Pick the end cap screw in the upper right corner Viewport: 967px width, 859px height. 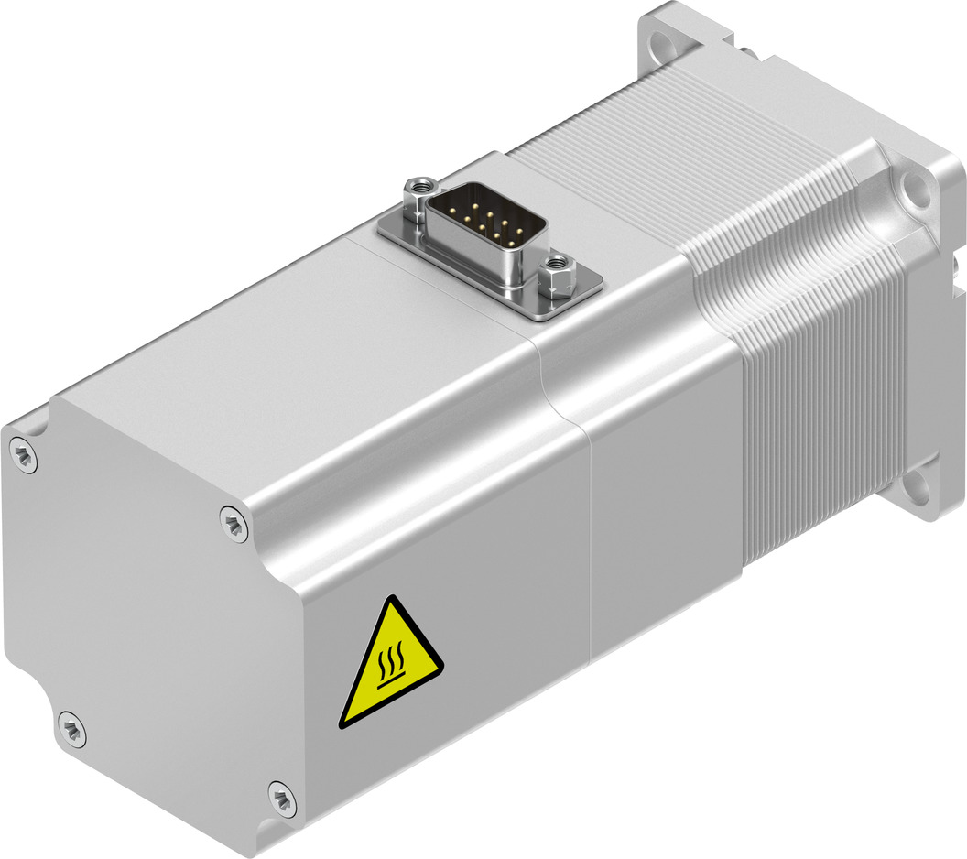[234, 524]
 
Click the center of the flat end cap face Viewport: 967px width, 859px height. [151, 623]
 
